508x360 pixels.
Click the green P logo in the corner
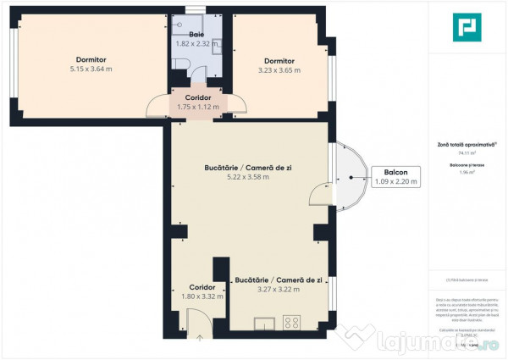click(x=464, y=29)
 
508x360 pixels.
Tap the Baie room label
click(x=196, y=34)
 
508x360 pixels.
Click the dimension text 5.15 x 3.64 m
click(x=91, y=69)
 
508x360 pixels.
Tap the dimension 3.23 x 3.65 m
click(x=279, y=70)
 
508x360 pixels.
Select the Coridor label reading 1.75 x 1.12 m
click(x=198, y=107)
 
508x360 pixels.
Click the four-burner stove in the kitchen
click(x=293, y=322)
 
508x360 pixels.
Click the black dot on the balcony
click(x=354, y=178)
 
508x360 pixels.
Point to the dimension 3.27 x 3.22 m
click(x=279, y=289)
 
